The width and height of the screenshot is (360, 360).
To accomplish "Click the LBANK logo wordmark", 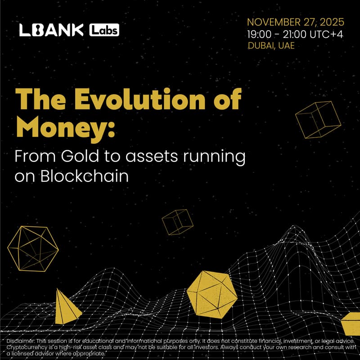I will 51,30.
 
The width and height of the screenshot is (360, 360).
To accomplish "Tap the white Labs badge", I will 104,30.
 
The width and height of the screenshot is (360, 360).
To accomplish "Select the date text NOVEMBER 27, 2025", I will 296,22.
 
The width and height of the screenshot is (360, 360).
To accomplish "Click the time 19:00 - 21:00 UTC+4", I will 296,34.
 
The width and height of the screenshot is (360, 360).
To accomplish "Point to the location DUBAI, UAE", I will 271,45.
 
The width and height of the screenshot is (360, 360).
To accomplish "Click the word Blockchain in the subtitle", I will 85,176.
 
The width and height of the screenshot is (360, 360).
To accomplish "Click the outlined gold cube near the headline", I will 318,119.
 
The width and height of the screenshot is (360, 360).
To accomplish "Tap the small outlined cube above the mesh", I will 177,222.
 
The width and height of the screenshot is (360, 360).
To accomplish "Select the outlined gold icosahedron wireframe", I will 33,248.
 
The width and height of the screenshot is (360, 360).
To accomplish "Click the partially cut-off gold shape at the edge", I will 351,324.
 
